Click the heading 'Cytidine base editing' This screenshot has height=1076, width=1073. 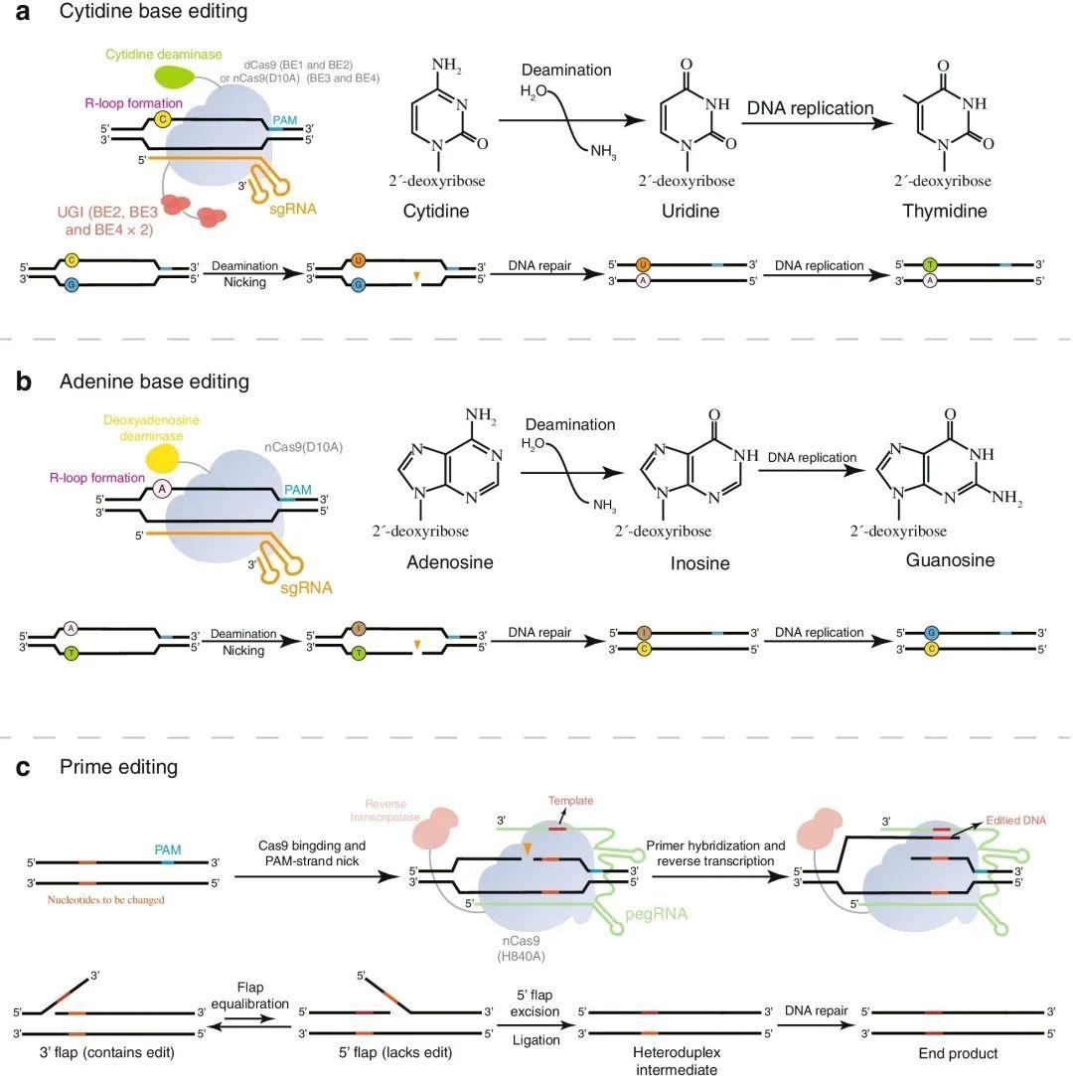click(x=153, y=13)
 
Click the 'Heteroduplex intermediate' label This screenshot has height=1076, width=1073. click(x=676, y=1060)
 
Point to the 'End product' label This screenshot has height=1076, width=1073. click(x=958, y=1053)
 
